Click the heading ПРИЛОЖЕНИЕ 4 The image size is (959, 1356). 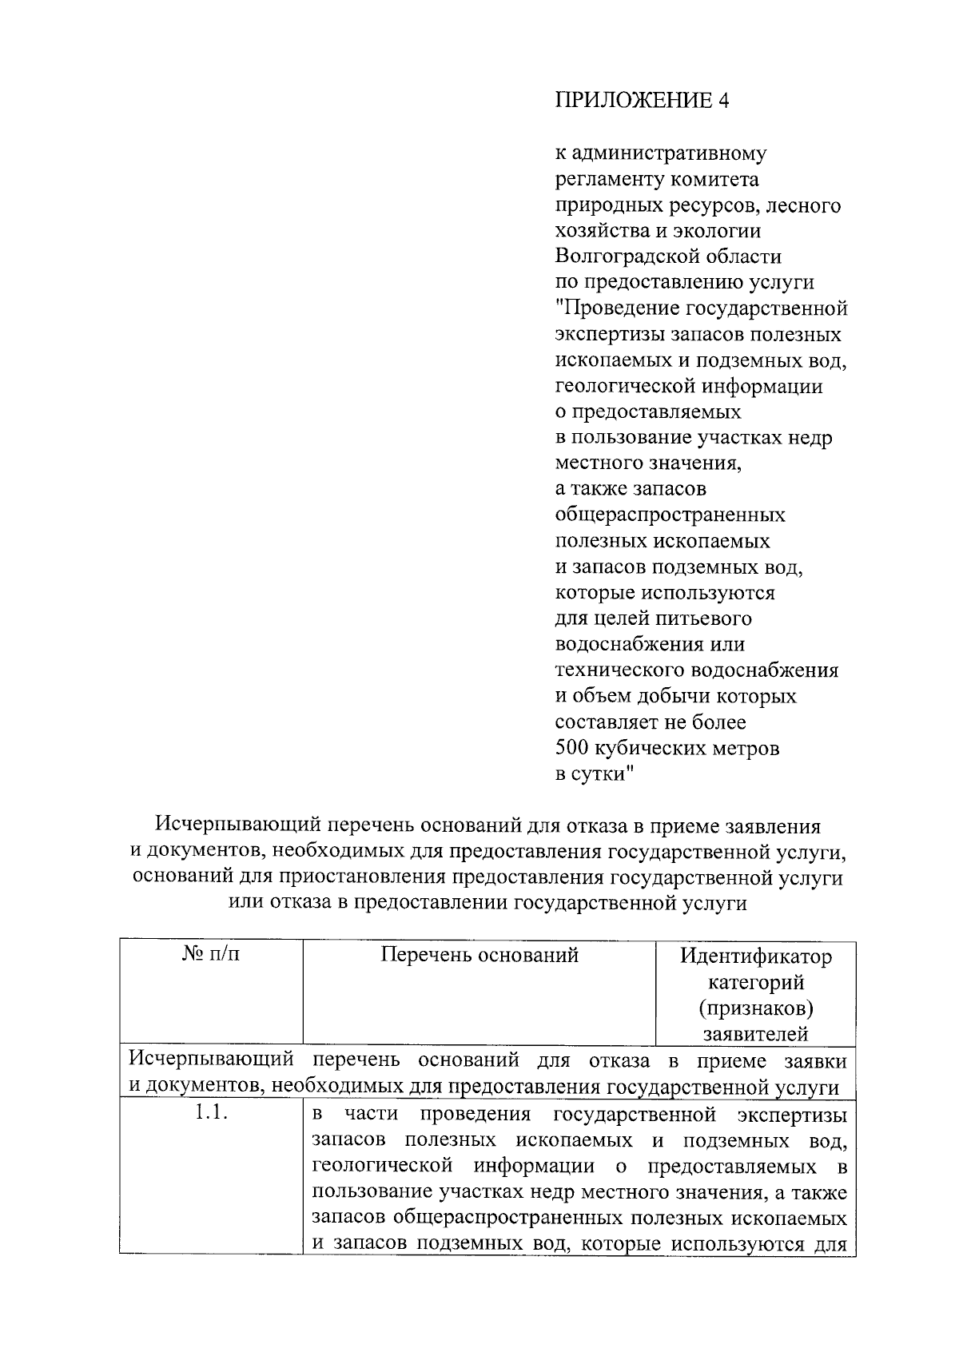point(642,101)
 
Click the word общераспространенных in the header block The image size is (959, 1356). point(670,515)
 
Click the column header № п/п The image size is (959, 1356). point(211,955)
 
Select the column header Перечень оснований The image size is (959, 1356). point(479,955)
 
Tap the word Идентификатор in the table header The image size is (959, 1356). point(755,956)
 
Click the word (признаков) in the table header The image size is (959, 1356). point(755,1008)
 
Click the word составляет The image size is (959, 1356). point(607,722)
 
